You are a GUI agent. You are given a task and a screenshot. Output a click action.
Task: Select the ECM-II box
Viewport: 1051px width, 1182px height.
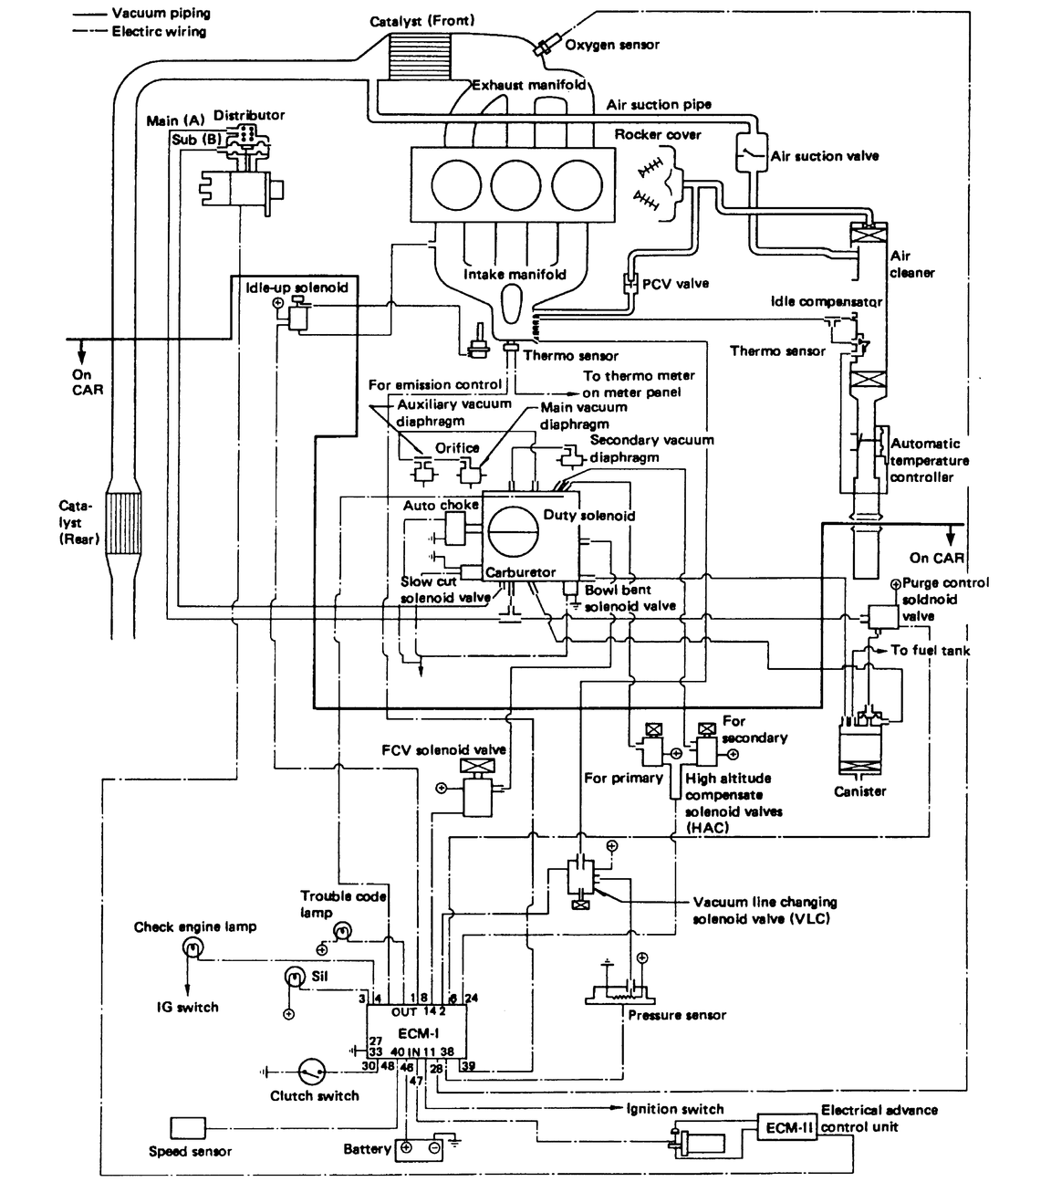point(783,1128)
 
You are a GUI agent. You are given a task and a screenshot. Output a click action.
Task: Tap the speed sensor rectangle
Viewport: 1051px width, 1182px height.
point(188,1128)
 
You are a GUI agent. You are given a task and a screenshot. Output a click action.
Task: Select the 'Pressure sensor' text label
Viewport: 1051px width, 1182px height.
point(677,1015)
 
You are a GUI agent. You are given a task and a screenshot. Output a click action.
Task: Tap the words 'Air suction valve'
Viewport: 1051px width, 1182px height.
point(825,156)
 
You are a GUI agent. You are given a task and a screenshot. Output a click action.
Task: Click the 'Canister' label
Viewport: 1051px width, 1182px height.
point(859,791)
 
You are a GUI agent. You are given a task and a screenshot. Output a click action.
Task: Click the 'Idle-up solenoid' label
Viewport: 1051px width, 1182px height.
point(297,287)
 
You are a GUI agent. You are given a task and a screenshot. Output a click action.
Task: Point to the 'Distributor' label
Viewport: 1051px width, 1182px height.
point(249,115)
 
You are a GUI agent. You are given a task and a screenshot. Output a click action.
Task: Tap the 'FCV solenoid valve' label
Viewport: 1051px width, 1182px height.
point(443,749)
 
